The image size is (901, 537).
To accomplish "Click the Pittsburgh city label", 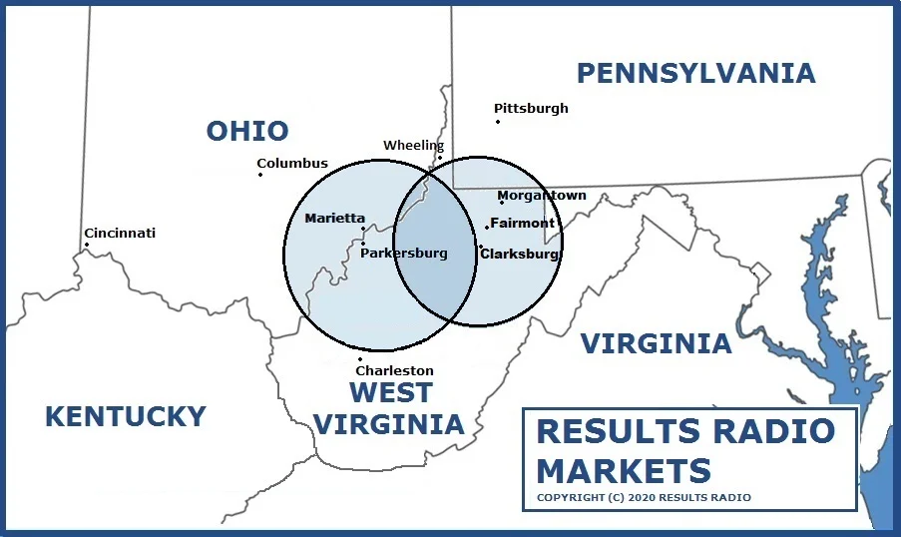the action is [531, 108].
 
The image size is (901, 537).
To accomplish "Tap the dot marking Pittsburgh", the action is [498, 122].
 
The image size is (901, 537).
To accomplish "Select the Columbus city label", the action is [292, 164].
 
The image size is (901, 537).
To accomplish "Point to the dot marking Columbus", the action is [260, 175].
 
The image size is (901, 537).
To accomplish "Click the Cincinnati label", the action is [120, 234].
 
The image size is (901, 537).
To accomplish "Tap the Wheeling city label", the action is [413, 146].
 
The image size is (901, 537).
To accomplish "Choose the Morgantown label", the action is [542, 196].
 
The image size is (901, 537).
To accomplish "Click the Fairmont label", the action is [522, 223].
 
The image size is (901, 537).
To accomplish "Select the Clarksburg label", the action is [519, 254].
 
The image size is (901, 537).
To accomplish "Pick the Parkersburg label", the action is [404, 254].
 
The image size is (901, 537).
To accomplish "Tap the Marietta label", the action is [335, 219].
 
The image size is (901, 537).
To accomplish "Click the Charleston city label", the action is [395, 371].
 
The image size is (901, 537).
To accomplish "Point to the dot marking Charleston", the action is [360, 359].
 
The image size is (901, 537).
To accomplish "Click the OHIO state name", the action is [247, 131].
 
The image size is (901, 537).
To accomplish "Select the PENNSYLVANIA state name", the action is [695, 73].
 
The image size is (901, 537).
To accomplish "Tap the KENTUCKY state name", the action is [126, 416].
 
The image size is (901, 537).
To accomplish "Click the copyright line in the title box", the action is [644, 497].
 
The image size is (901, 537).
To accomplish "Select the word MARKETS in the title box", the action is [624, 469].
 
